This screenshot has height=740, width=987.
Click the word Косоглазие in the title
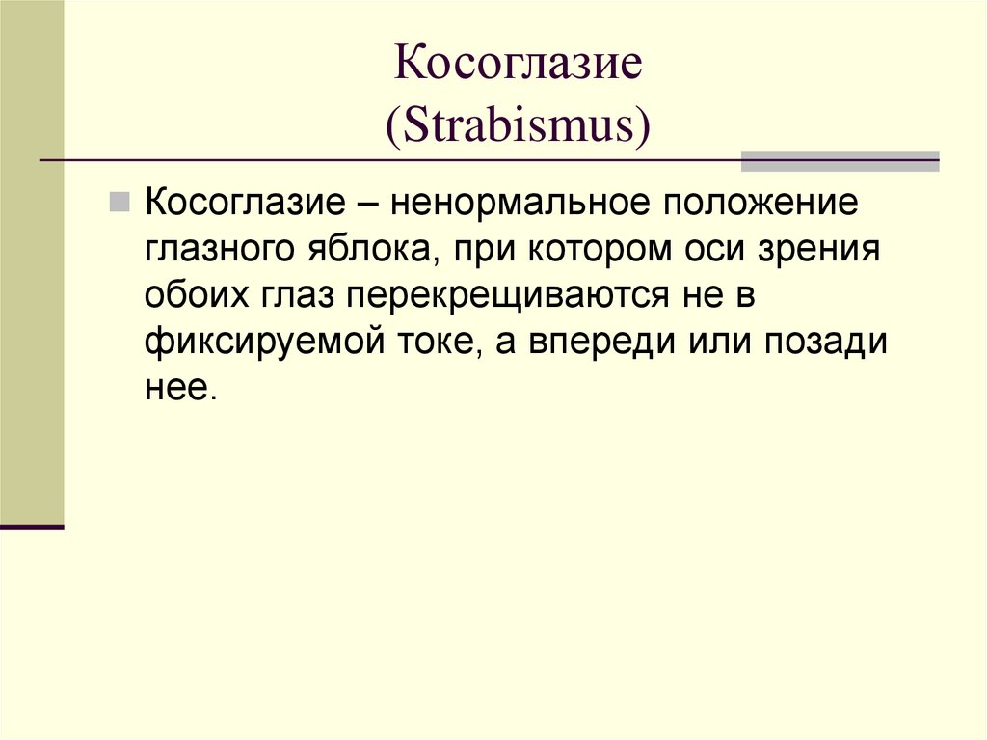click(x=519, y=65)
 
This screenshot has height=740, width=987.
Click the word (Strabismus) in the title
click(x=519, y=125)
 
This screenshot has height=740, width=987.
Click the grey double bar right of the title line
click(x=839, y=161)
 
